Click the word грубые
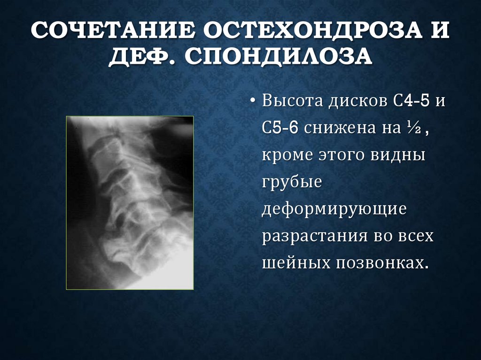coord(292,182)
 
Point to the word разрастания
coord(315,235)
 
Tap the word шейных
coord(296,262)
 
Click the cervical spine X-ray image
coord(130,202)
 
